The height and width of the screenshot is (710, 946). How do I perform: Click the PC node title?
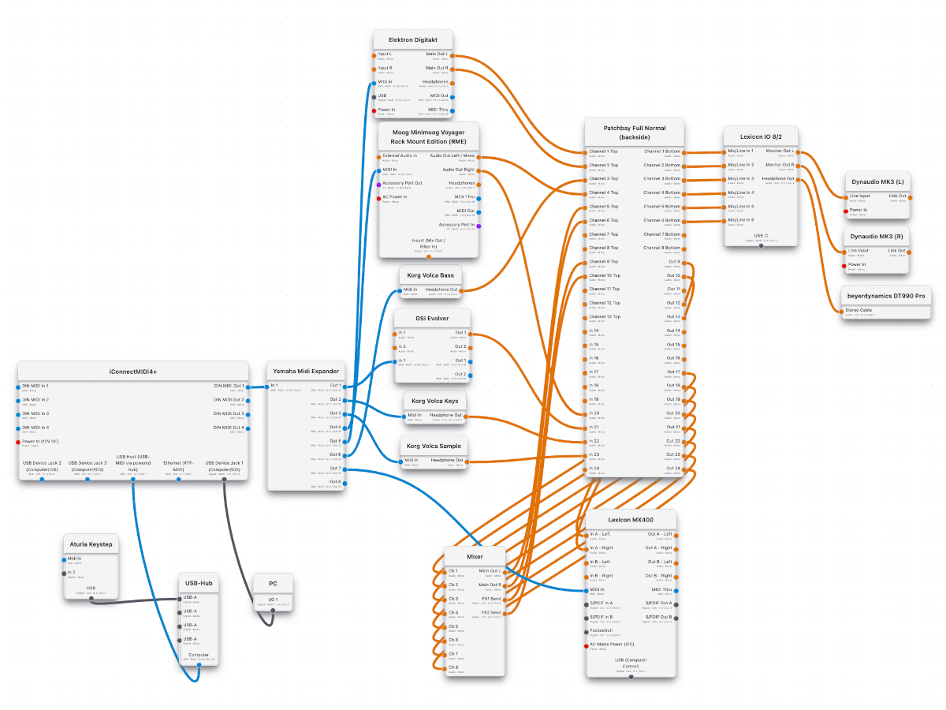click(x=273, y=584)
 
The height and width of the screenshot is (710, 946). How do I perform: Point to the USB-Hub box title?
click(x=197, y=583)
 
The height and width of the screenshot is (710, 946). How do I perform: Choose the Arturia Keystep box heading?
click(x=91, y=544)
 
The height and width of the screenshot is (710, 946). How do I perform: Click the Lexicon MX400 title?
click(x=631, y=519)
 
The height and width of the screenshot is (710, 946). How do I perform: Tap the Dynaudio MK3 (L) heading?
click(x=877, y=182)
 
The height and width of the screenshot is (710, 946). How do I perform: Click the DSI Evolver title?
click(x=432, y=319)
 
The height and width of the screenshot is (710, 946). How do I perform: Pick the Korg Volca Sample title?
click(x=433, y=446)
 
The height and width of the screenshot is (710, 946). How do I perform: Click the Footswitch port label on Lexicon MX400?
click(x=601, y=630)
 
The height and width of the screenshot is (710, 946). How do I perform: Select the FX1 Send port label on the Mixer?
click(x=491, y=599)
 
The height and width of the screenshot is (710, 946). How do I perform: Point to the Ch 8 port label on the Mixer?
click(x=453, y=667)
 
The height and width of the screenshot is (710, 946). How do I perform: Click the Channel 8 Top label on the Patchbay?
click(x=604, y=248)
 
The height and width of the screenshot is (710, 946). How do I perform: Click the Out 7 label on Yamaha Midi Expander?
click(x=336, y=468)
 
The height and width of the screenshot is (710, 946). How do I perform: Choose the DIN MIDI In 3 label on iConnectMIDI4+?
click(x=35, y=413)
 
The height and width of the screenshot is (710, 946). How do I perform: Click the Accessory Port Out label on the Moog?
click(x=402, y=183)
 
